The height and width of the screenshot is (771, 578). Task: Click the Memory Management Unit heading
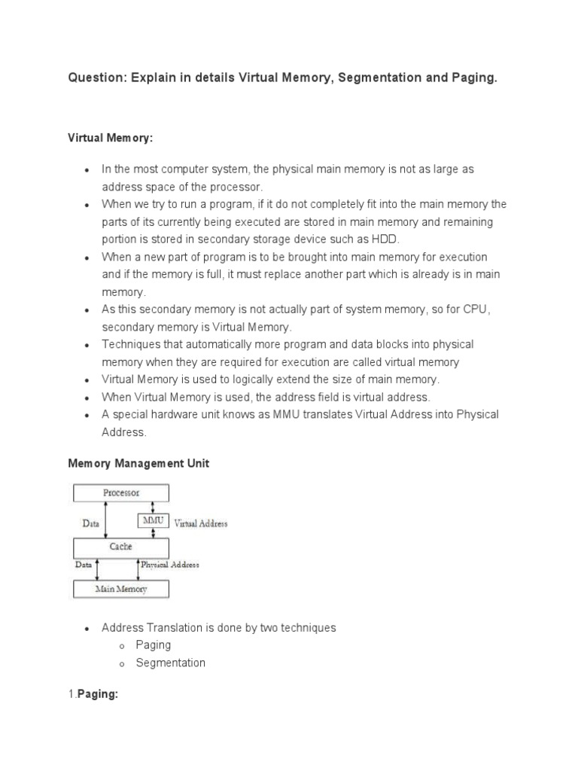[138, 464]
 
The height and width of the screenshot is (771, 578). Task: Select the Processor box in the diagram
[120, 493]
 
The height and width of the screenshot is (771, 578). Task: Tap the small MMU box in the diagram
[154, 520]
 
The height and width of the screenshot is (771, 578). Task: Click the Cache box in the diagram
[120, 547]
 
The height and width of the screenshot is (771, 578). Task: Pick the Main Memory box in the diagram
[120, 589]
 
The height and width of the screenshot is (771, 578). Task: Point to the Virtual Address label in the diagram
[201, 523]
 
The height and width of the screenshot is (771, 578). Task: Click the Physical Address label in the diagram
[170, 564]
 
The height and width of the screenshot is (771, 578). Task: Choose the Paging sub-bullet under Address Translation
[153, 645]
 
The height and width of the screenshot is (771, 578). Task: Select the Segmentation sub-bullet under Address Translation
[170, 663]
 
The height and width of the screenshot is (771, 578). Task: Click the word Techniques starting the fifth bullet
[130, 344]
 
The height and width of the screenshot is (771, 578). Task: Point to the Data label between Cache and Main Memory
[82, 564]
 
